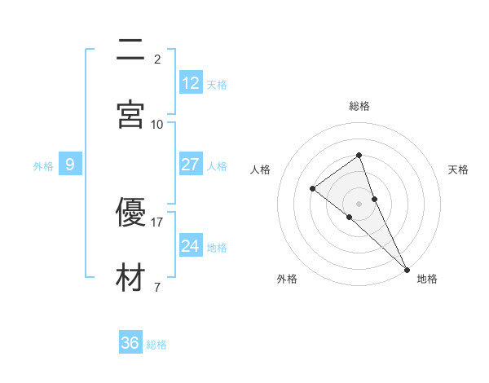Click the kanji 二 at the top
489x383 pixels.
[130, 49]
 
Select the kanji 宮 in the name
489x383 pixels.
[130, 114]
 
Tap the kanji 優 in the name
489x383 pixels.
[130, 213]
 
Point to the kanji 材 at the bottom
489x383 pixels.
[130, 278]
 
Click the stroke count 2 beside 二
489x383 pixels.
[156, 59]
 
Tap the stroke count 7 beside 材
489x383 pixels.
[156, 287]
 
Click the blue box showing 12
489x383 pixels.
[190, 83]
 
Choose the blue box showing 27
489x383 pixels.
[190, 165]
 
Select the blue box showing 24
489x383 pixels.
[190, 246]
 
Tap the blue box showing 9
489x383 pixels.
[70, 165]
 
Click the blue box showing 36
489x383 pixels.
[130, 343]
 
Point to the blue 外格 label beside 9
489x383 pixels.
[43, 166]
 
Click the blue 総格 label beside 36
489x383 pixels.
[156, 345]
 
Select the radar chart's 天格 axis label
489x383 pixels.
[458, 169]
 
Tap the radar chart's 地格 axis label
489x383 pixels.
[427, 279]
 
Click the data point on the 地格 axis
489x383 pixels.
[407, 268]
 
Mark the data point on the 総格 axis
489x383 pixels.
[359, 155]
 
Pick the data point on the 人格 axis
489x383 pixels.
[312, 189]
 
